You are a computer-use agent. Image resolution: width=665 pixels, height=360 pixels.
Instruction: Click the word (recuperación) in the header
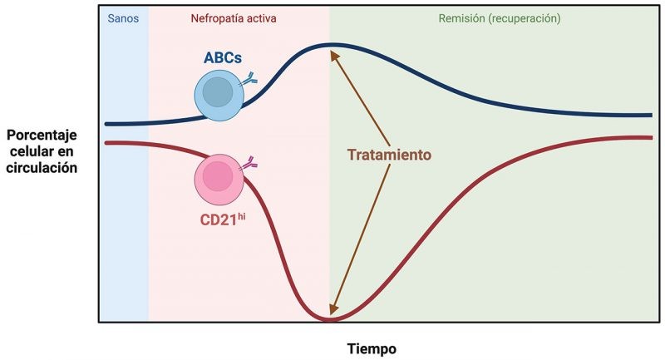coord(525,17)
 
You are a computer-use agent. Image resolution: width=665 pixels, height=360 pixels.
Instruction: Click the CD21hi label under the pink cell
coord(221,220)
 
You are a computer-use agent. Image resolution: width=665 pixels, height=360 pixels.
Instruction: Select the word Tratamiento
coord(389,155)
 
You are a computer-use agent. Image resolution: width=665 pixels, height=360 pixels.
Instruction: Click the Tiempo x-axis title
coord(372,348)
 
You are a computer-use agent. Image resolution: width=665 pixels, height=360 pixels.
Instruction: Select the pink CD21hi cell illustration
coord(218,178)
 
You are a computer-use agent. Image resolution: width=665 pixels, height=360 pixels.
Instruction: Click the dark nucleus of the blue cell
coord(218,92)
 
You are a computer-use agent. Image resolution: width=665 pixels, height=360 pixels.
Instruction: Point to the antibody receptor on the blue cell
coord(249,80)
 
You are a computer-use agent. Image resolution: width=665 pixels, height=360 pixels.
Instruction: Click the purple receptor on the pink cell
coord(249,165)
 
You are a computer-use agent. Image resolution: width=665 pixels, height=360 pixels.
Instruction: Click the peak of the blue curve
coord(331,43)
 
